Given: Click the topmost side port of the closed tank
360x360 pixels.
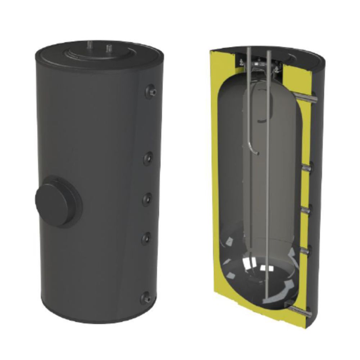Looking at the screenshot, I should click(152, 91).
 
